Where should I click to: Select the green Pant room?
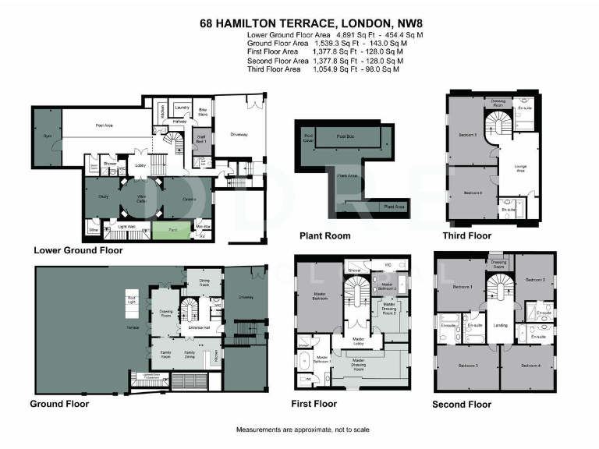click(x=171, y=230)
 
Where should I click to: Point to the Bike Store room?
click(x=202, y=113)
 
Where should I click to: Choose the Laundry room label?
click(x=182, y=108)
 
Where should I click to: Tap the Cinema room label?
click(x=188, y=200)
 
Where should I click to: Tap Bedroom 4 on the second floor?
click(x=528, y=365)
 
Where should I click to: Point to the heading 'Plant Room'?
click(x=325, y=235)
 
